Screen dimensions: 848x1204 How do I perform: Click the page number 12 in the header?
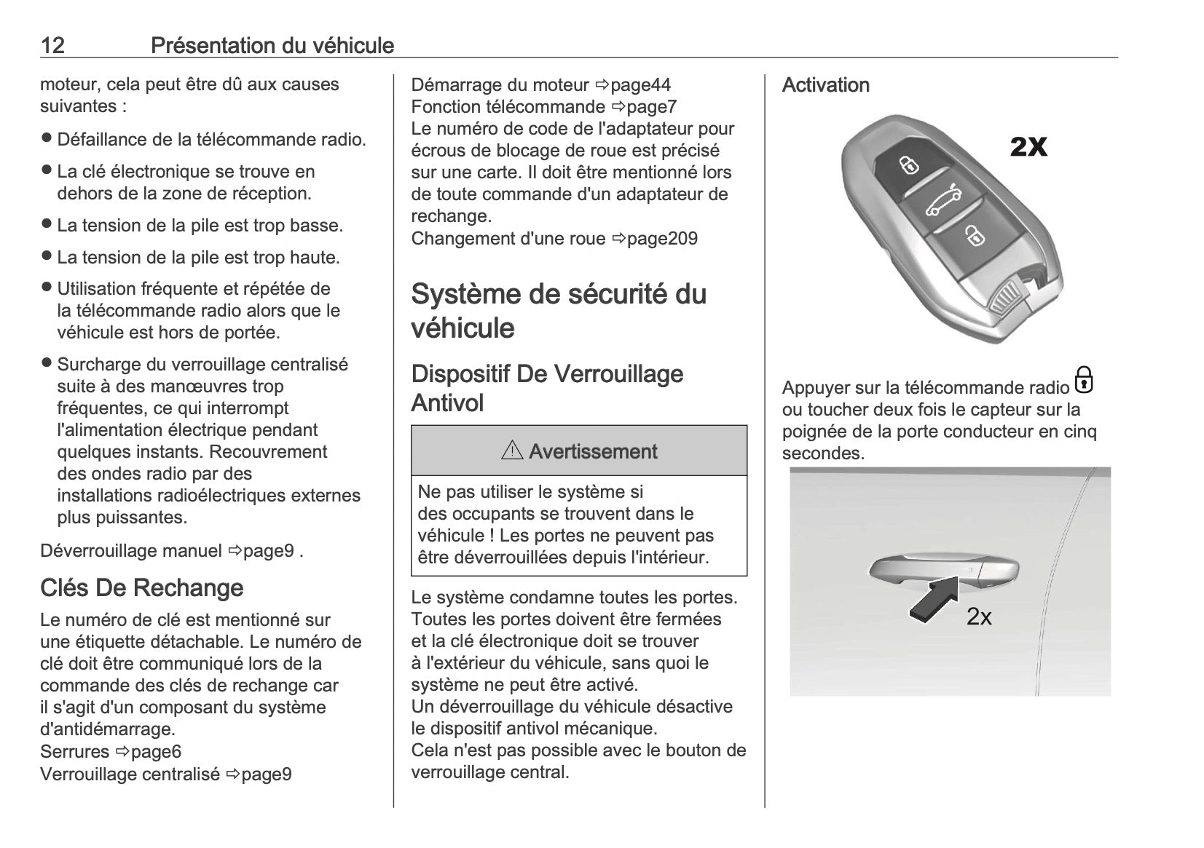52,45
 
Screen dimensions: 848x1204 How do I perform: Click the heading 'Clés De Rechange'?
141,587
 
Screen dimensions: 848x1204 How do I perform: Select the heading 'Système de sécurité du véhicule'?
559,311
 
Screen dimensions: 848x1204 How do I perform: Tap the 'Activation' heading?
825,85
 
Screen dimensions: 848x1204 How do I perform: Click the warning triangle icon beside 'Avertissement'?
512,451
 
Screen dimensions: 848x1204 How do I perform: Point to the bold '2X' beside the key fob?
1028,148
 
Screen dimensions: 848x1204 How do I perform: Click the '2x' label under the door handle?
979,617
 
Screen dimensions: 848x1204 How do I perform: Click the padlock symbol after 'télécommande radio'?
1084,380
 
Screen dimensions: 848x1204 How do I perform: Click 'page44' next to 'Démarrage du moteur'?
640,84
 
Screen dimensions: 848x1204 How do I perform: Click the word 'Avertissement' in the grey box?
593,451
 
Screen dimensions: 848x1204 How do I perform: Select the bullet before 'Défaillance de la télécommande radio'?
47,138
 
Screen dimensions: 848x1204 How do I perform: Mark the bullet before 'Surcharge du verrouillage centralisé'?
47,363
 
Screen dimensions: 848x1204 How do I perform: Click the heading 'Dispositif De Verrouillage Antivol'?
547,388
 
